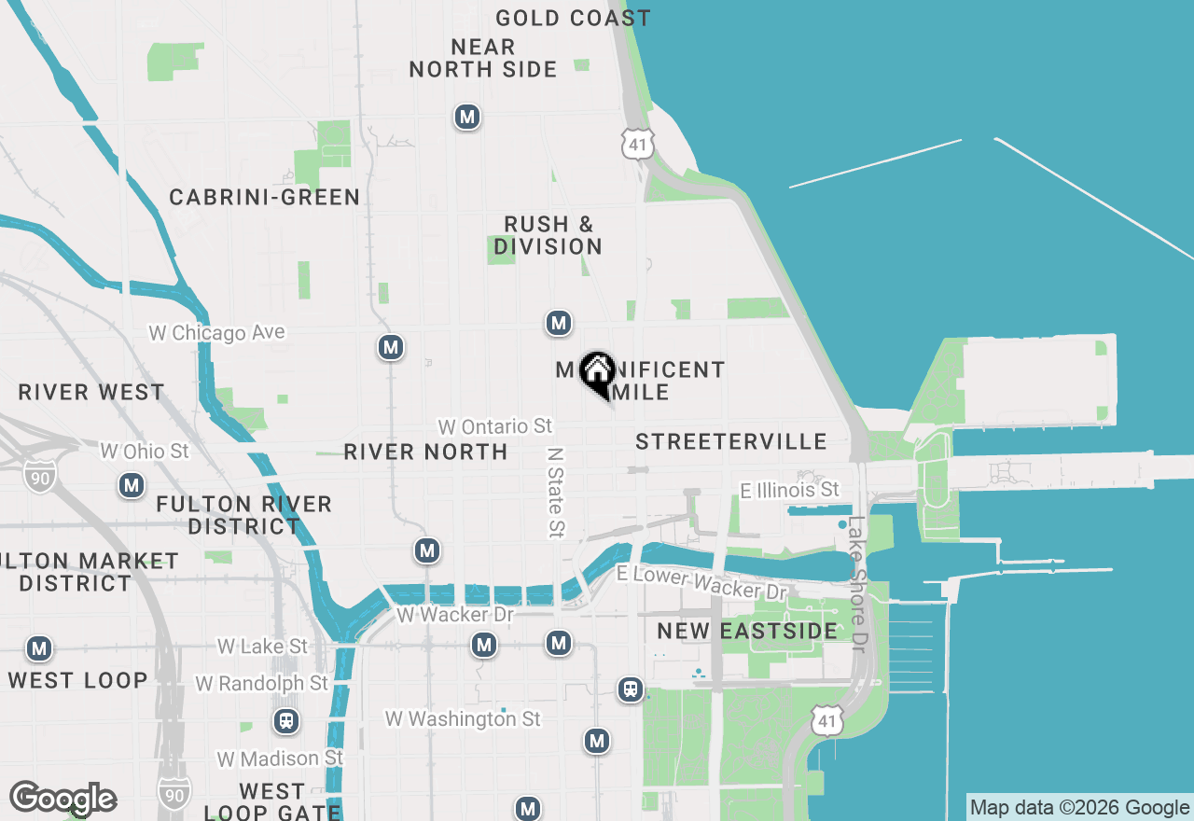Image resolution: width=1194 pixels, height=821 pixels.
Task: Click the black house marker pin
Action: tap(596, 373)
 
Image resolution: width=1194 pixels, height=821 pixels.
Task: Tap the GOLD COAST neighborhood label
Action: tap(573, 18)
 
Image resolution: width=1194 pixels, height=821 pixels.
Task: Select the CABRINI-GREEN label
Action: tap(264, 197)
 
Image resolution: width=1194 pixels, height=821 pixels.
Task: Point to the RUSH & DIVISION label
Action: tap(548, 235)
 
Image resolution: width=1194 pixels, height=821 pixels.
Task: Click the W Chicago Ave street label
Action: tap(216, 333)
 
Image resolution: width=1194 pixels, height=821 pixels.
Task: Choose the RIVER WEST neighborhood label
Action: tap(91, 392)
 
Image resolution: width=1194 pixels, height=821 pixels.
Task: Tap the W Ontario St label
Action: tap(495, 426)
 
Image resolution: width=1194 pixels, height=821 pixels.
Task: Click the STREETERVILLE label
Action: tap(731, 441)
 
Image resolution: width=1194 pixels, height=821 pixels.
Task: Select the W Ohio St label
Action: tap(145, 452)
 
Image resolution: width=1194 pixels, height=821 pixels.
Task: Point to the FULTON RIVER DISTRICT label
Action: tap(243, 515)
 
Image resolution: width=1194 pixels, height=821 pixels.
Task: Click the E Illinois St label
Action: tap(789, 490)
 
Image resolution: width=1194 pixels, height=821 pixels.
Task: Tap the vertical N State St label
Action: tap(556, 492)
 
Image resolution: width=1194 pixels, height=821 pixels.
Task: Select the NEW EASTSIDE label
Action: tap(747, 631)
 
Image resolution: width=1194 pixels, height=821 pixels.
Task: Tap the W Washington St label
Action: tap(463, 719)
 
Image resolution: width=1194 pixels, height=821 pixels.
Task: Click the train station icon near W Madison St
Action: tap(286, 721)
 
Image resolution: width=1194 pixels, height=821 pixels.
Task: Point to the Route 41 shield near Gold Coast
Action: tap(638, 144)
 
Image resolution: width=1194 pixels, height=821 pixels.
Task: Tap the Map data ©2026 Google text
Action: tap(1079, 808)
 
